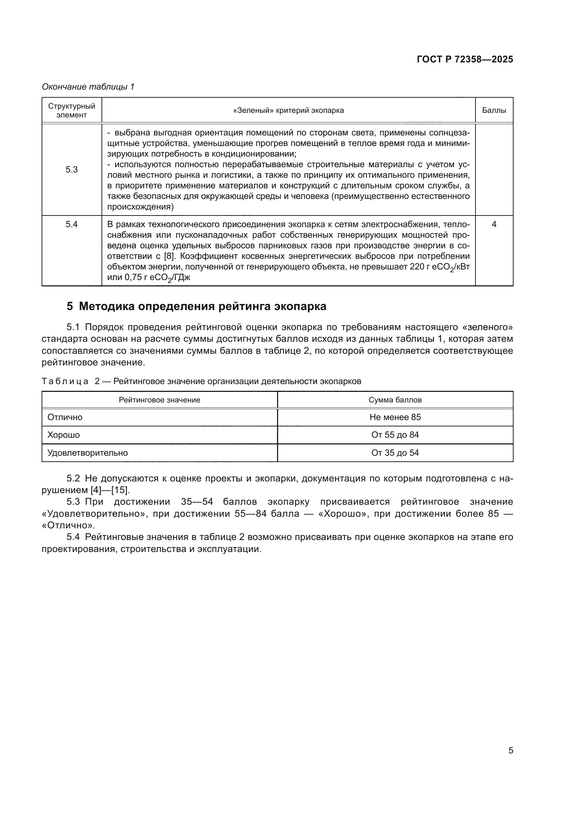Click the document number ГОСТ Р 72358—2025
tap(465, 60)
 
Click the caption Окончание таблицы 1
tap(88, 87)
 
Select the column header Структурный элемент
tap(72, 110)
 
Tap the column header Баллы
tap(493, 110)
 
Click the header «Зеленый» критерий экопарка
tap(288, 110)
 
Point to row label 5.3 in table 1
tap(72, 170)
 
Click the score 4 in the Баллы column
tap(493, 224)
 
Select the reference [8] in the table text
tap(169, 256)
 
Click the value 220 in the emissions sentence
tap(417, 267)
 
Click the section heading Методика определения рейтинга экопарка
tap(202, 307)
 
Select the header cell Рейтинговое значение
tap(159, 400)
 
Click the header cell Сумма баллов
tap(395, 400)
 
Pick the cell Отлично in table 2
tap(65, 417)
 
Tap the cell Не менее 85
tap(395, 417)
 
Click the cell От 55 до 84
tap(395, 435)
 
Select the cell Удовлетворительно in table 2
tap(88, 453)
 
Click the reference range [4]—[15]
tap(110, 490)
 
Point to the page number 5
tap(510, 750)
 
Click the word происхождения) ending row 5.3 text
tap(140, 207)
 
